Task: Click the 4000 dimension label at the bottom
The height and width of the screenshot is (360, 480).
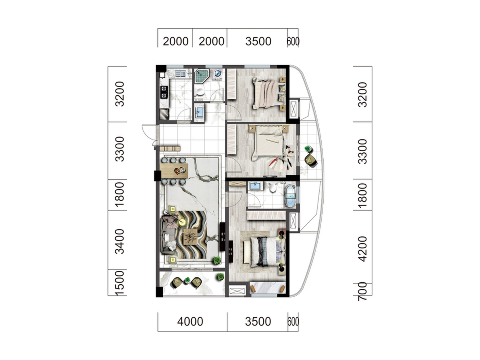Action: [x=190, y=322]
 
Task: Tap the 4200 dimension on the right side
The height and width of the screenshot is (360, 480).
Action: [x=362, y=249]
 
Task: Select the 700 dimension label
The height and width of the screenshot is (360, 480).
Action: [x=362, y=291]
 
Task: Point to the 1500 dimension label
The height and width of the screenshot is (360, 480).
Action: [x=120, y=283]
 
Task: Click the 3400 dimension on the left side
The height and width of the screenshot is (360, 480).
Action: [x=120, y=242]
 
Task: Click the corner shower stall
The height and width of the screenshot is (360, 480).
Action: [x=202, y=76]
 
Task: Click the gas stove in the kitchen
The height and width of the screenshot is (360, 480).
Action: [x=164, y=92]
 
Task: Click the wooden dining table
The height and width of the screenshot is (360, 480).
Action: [x=174, y=171]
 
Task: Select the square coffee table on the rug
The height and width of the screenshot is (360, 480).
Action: [x=190, y=236]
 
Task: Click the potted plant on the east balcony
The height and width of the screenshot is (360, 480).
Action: [x=308, y=149]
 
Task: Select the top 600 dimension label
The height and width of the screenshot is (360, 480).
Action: [x=293, y=42]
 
